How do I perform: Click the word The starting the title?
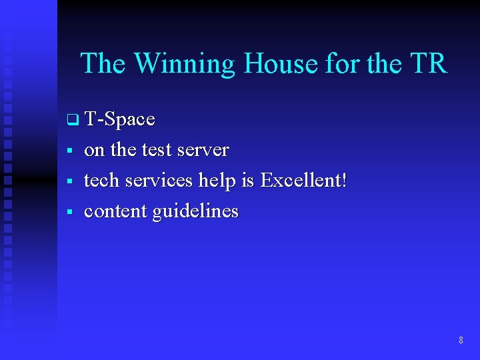pyautogui.click(x=104, y=64)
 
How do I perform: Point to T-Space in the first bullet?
pyautogui.click(x=120, y=119)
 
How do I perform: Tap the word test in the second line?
pyautogui.click(x=157, y=150)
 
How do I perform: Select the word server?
pyautogui.click(x=203, y=151)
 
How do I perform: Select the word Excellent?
pyautogui.click(x=304, y=181)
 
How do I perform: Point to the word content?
pyautogui.click(x=115, y=211)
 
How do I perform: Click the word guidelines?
pyautogui.click(x=195, y=212)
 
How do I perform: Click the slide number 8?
pyautogui.click(x=461, y=341)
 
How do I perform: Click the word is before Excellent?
pyautogui.click(x=251, y=181)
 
